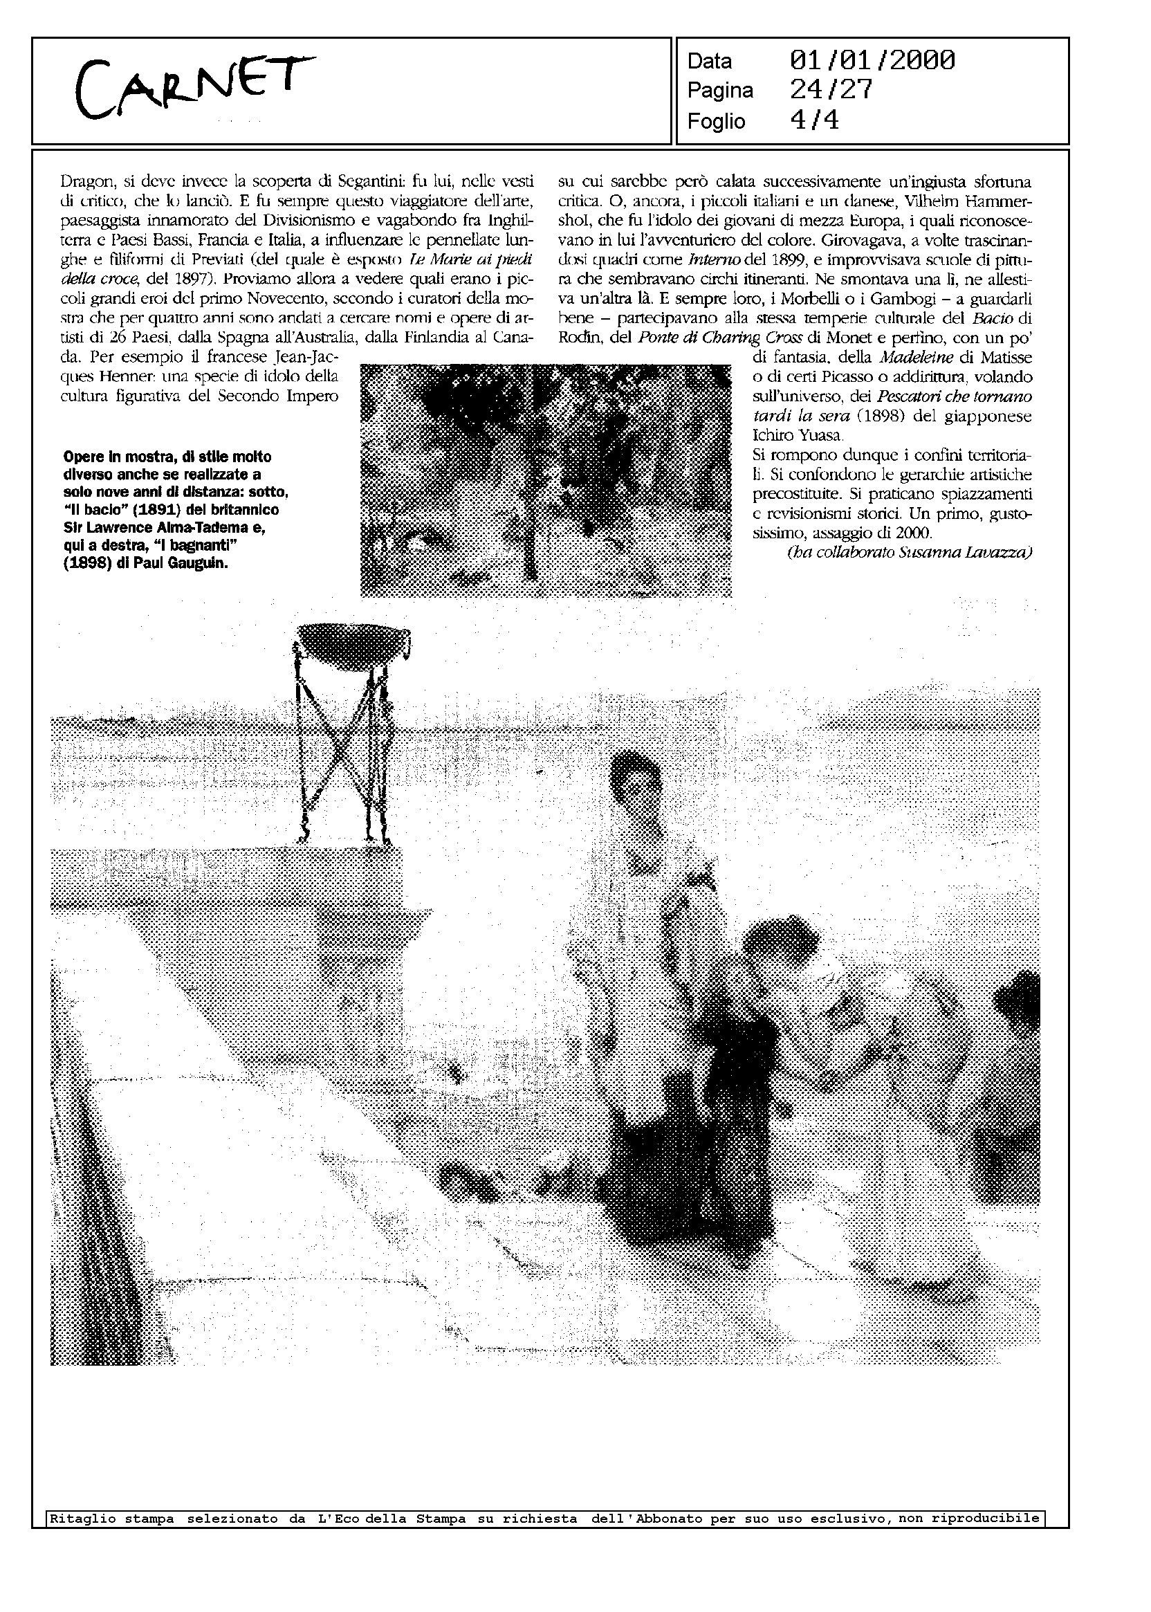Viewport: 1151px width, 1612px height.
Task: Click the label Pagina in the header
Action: (719, 91)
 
